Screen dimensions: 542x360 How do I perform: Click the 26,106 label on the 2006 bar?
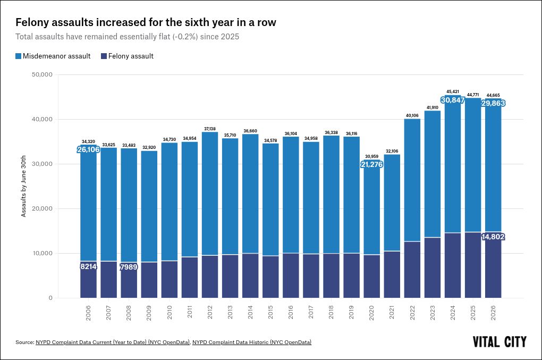point(88,149)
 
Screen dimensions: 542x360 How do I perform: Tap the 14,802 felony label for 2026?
point(493,237)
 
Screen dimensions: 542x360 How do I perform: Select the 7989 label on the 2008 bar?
point(129,267)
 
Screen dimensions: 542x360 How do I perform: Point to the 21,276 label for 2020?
point(371,164)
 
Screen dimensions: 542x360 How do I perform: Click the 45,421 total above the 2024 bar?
point(453,91)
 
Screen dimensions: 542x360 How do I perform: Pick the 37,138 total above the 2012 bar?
point(210,129)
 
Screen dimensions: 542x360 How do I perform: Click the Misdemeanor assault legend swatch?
point(18,56)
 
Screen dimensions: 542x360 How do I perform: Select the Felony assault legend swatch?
point(104,56)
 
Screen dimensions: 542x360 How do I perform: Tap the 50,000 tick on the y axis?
point(42,74)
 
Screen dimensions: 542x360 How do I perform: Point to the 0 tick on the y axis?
point(51,298)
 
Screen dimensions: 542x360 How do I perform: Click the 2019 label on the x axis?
point(352,313)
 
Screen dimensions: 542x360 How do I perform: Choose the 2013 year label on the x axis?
point(230,313)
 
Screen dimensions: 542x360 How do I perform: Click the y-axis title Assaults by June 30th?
point(23,186)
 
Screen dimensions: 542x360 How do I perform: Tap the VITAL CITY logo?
point(499,342)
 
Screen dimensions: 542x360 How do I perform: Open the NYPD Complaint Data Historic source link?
point(252,342)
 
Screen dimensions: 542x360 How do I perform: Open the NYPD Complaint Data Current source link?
point(113,342)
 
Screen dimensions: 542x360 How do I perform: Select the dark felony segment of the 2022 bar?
point(412,270)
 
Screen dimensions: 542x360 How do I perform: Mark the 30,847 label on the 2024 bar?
point(453,100)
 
